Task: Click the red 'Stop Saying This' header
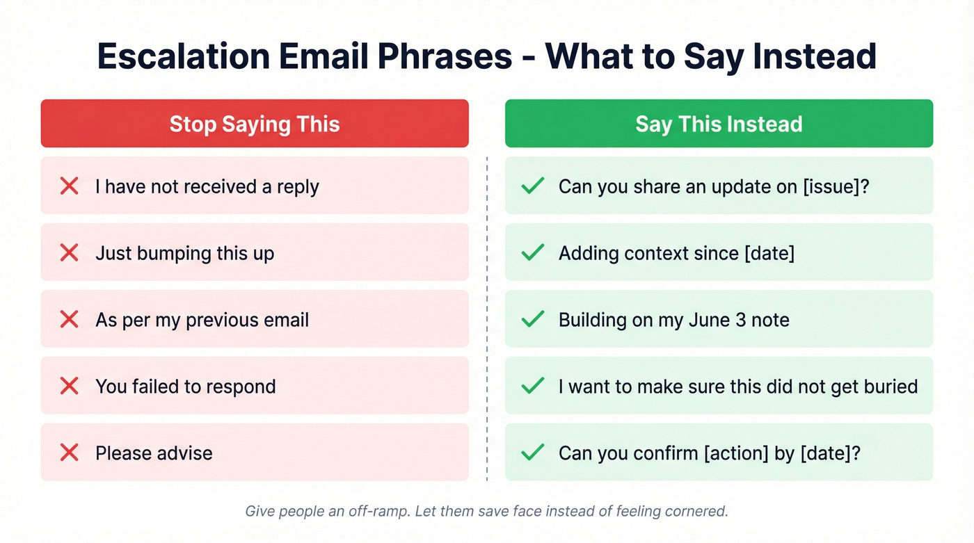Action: click(255, 124)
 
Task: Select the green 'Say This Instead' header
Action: click(719, 124)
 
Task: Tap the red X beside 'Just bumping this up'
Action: click(69, 252)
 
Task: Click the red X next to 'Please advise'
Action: click(69, 453)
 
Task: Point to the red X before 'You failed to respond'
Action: click(69, 386)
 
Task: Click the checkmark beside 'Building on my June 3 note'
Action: click(532, 319)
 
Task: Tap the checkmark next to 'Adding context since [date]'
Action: click(532, 252)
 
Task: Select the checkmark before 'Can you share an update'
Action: click(532, 186)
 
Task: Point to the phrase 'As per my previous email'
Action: click(202, 320)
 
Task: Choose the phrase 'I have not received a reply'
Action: click(207, 186)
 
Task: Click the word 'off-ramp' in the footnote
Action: click(381, 512)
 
